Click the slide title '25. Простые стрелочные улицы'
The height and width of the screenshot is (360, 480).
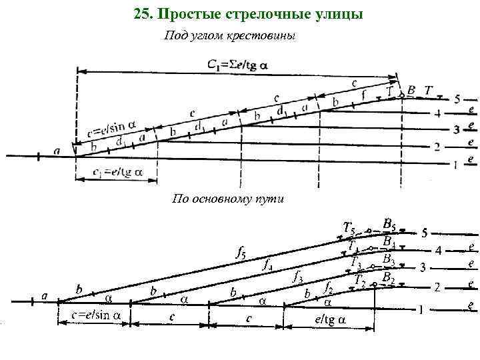pyautogui.click(x=248, y=13)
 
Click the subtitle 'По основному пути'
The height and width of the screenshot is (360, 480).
pyautogui.click(x=228, y=198)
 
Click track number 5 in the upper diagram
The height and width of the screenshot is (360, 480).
pyautogui.click(x=456, y=99)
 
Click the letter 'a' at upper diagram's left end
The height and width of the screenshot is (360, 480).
pyautogui.click(x=57, y=151)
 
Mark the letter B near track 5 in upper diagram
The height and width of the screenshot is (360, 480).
pyautogui.click(x=411, y=89)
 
